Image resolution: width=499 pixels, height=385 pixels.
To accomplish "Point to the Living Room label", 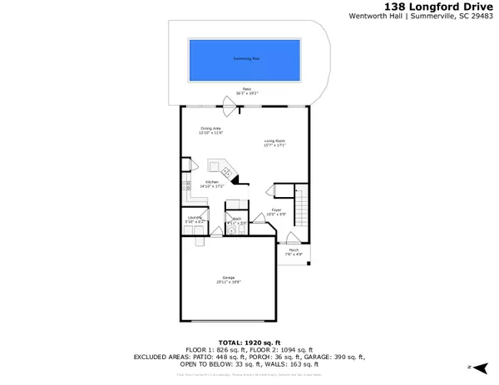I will [x=275, y=143].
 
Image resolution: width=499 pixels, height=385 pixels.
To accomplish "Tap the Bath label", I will [x=238, y=221].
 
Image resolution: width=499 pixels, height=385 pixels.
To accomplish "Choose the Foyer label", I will [x=277, y=212].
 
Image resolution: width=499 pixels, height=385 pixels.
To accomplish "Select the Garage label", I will [x=228, y=279].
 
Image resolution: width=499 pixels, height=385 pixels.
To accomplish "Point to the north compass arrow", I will [x=471, y=367].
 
